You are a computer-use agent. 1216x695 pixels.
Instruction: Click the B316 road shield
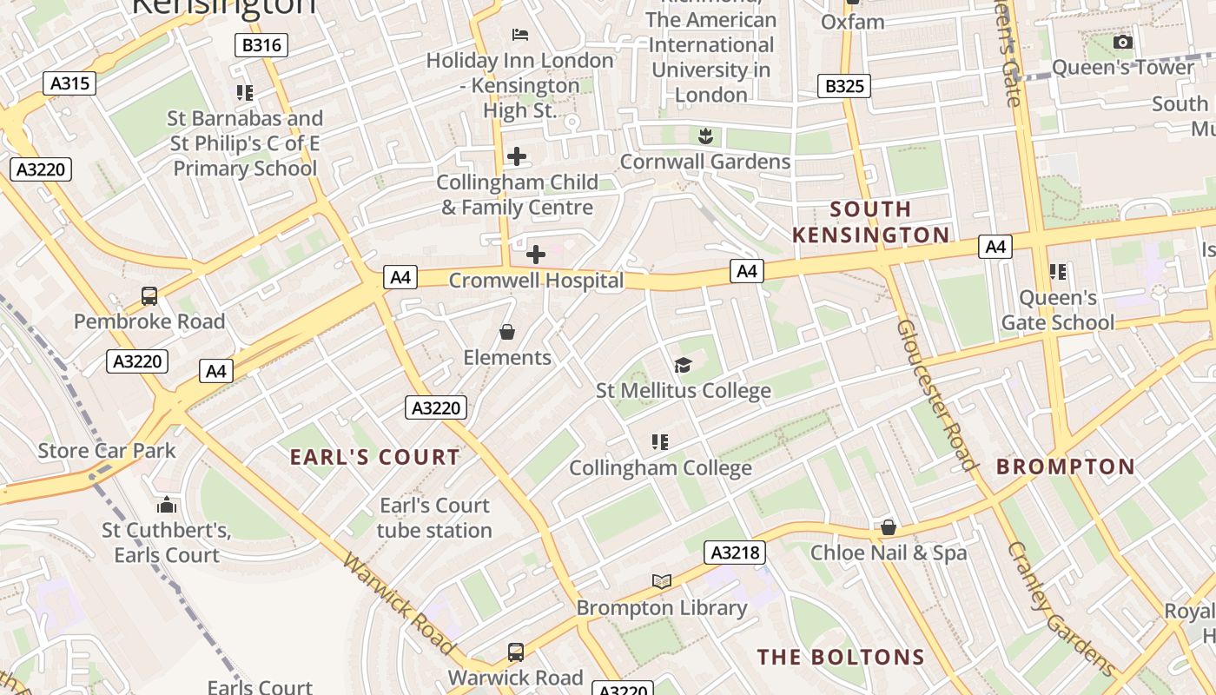261,45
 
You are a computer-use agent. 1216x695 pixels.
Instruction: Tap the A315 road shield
69,83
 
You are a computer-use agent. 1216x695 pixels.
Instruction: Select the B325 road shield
844,86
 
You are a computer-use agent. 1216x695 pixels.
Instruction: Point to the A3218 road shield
735,553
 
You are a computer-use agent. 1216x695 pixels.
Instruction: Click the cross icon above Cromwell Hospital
536,255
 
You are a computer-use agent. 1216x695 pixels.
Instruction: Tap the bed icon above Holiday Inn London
520,35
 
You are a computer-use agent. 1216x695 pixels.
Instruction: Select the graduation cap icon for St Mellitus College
683,365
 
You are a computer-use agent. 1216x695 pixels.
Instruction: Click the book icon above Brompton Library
662,581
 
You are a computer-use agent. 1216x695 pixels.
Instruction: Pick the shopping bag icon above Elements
507,332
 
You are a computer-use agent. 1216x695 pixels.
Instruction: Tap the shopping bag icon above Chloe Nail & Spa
889,527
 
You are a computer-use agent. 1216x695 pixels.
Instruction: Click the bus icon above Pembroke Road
149,296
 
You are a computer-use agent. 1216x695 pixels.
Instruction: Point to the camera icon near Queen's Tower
1123,42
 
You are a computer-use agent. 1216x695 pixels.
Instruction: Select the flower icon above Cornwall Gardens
705,136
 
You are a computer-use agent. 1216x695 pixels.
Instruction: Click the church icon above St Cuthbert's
166,505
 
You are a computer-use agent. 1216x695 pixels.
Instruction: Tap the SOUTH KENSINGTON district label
871,222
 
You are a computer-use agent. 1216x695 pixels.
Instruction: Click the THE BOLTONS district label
841,657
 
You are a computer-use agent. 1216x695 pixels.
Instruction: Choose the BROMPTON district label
1066,467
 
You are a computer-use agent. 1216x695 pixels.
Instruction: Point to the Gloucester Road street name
937,395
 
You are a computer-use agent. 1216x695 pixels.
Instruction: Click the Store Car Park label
107,451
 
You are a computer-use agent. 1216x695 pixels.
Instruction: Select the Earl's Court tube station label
434,518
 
